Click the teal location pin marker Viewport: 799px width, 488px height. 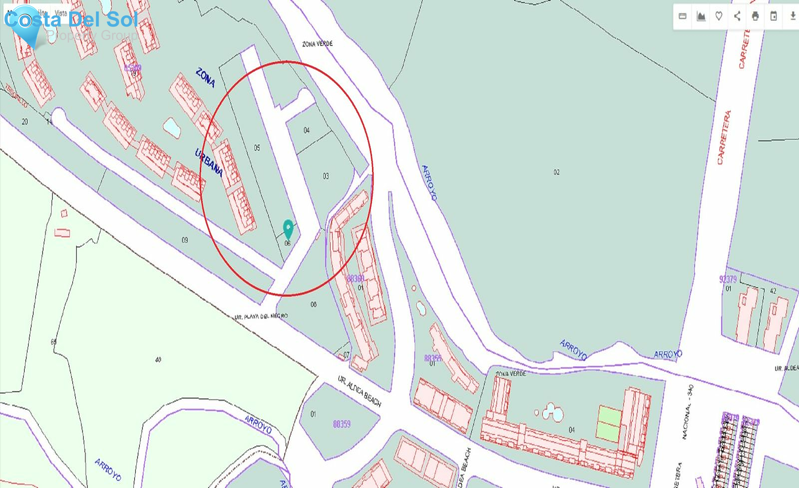[x=288, y=228]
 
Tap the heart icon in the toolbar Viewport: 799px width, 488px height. [x=719, y=16]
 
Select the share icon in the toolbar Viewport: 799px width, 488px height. [x=737, y=16]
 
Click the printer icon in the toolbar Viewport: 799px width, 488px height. [x=755, y=16]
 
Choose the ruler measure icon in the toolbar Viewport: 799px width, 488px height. [x=683, y=16]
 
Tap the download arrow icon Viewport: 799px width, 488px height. [x=793, y=16]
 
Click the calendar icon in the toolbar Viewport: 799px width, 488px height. [x=773, y=16]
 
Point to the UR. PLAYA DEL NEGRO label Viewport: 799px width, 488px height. [x=261, y=316]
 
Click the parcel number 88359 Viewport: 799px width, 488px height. [x=341, y=424]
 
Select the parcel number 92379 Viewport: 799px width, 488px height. [x=728, y=279]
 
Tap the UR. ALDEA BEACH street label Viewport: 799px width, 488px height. [x=359, y=391]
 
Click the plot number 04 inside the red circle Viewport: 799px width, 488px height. [x=306, y=130]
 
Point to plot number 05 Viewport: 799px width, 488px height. [x=257, y=148]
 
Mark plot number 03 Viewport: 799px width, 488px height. [x=326, y=176]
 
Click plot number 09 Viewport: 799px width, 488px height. [x=185, y=240]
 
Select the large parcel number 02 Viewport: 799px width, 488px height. [x=556, y=172]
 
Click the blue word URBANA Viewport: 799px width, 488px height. [x=209, y=163]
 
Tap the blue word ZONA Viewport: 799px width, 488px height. [x=206, y=78]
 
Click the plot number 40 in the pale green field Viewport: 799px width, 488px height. [x=158, y=359]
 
